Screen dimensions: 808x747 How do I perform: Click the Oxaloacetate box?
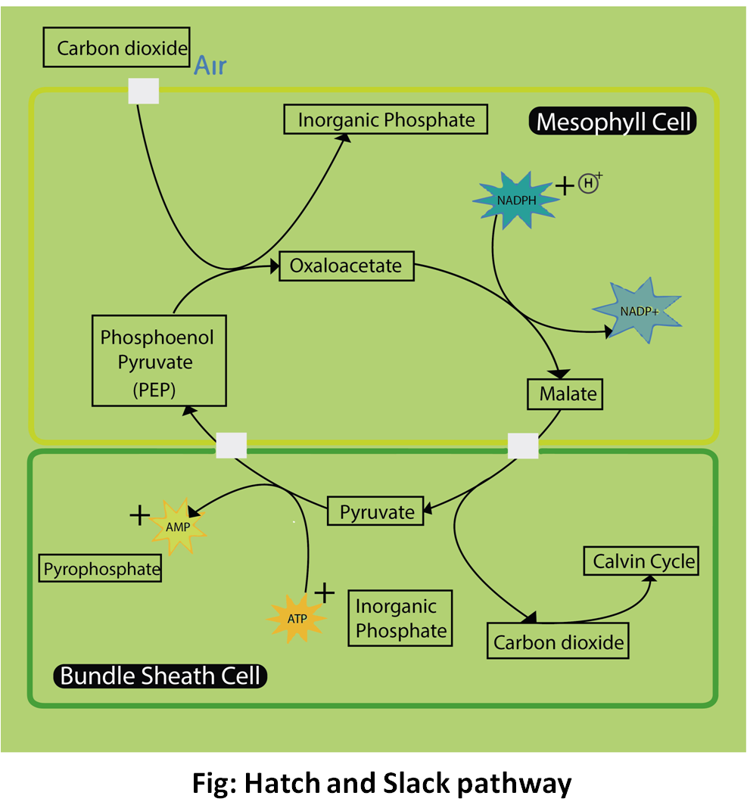coord(346,266)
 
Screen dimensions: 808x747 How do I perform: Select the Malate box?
coord(565,394)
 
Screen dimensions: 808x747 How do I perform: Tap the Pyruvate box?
coord(375,511)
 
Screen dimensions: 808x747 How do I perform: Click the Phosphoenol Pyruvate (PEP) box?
coord(157,360)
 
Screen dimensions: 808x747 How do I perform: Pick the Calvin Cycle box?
coord(640,561)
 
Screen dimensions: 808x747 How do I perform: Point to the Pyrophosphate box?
coord(101,568)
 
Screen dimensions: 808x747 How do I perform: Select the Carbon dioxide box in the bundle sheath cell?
coord(558,642)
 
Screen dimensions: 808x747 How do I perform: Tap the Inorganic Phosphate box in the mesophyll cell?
coord(386,120)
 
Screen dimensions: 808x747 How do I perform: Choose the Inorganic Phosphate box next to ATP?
coord(400,618)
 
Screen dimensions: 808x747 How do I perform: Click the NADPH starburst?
coord(512,200)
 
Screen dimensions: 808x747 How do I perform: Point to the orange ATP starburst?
coord(297,617)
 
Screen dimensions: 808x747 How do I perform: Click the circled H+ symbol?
coord(588,183)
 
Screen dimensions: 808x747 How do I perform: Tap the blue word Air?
coord(210,66)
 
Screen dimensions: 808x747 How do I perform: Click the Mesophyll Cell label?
coord(614,121)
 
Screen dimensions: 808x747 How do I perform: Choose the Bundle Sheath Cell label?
coord(160,675)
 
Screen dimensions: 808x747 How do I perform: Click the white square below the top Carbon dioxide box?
coord(144,91)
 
